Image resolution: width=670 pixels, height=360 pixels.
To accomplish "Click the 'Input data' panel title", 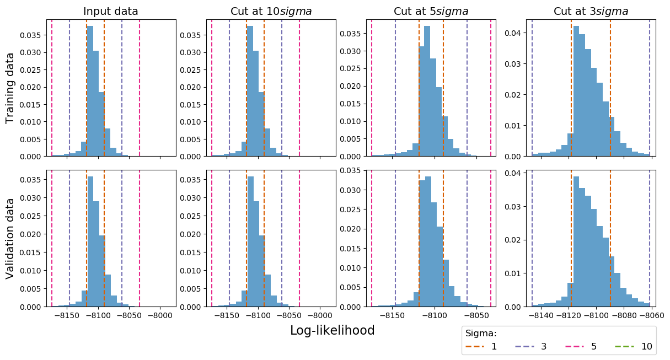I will (111, 12).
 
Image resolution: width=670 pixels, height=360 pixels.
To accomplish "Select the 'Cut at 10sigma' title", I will (271, 12).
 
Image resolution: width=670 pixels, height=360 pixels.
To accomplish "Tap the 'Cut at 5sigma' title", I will (431, 12).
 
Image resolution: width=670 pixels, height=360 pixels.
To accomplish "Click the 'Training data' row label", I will (10, 88).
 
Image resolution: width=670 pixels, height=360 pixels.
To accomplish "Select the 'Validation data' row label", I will (10, 238).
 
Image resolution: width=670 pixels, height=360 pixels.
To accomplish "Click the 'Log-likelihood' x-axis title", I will (332, 330).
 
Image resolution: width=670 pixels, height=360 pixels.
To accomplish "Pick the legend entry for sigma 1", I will (481, 346).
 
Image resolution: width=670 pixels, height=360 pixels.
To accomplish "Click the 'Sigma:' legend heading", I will (481, 334).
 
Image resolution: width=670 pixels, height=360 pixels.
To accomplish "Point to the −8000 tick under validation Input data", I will (160, 316).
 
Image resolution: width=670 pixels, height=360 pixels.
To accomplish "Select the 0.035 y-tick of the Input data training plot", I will (30, 35).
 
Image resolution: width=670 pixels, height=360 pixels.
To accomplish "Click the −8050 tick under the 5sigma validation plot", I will (476, 316).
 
